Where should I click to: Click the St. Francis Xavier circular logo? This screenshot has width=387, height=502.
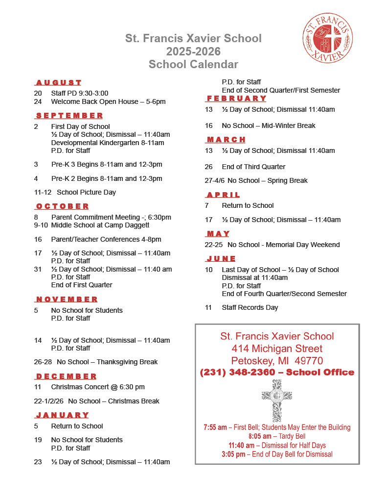click(327, 38)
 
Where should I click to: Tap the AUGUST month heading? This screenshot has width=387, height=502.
click(58, 82)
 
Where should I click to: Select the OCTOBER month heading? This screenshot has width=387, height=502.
click(62, 206)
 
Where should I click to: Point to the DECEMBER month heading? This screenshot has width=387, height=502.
click(66, 376)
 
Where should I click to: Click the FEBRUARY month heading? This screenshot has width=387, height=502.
click(236, 99)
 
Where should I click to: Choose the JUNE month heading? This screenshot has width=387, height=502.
click(221, 258)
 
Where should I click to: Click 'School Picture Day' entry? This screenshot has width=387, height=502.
click(86, 192)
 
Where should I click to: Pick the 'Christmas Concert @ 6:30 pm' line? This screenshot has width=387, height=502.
click(98, 387)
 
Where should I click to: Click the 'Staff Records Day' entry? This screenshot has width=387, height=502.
click(250, 307)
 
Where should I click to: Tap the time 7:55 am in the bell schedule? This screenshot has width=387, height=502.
click(215, 427)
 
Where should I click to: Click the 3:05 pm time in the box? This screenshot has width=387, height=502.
click(233, 454)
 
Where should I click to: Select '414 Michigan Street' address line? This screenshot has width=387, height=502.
click(277, 349)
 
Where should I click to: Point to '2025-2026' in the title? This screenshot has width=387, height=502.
click(193, 51)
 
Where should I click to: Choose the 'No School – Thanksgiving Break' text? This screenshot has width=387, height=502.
click(107, 362)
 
